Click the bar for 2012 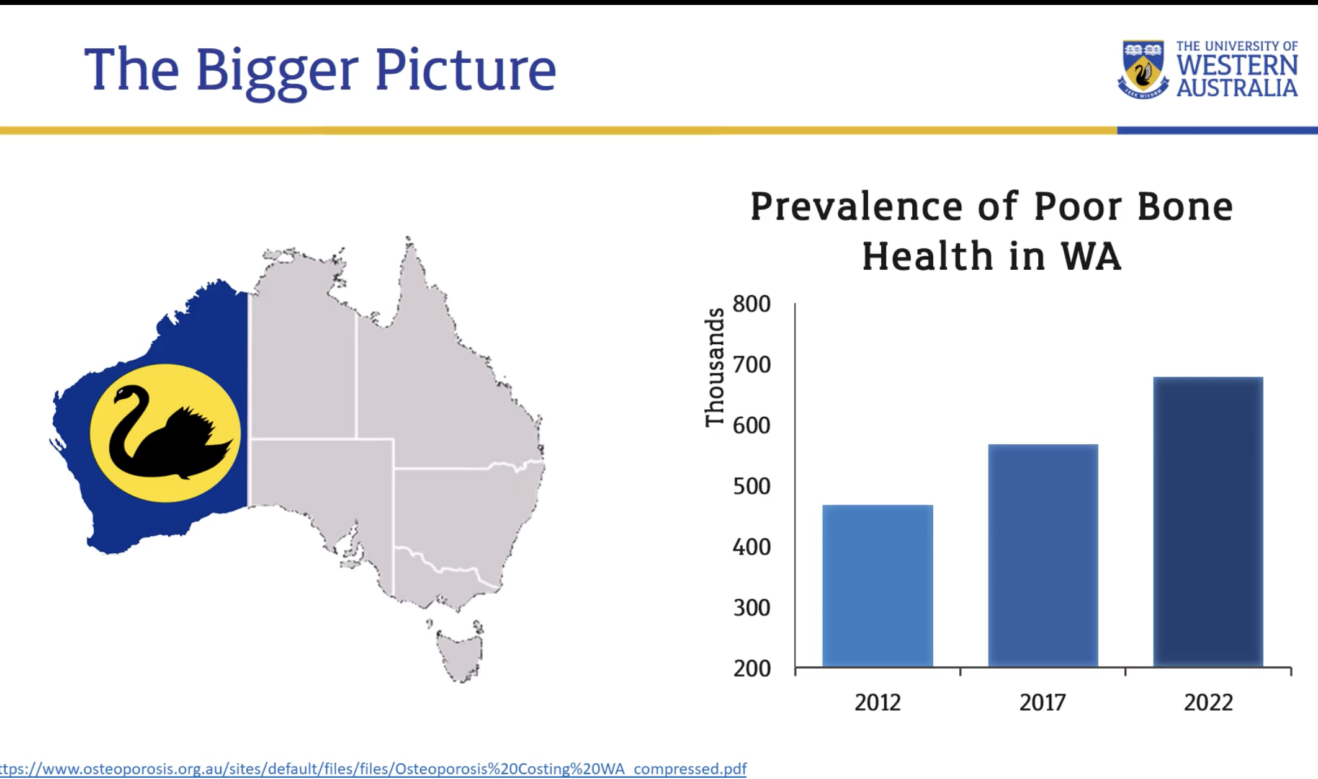coord(877,585)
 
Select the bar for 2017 coord(1043,555)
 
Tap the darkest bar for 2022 coord(1208,522)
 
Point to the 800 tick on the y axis coord(751,304)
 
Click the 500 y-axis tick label coord(751,486)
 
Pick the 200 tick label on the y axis coord(751,669)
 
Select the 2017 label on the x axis coord(1042,702)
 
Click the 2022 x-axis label coord(1208,702)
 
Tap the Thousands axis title coord(715,367)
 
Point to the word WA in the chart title coord(1091,256)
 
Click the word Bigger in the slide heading coord(277,73)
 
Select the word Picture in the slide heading coord(465,69)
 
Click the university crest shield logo coord(1142,69)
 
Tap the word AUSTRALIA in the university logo coord(1237,87)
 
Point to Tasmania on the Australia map coord(459,655)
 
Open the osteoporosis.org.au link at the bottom coord(373,769)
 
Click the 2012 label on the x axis coord(877,702)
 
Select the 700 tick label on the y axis coord(751,365)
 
